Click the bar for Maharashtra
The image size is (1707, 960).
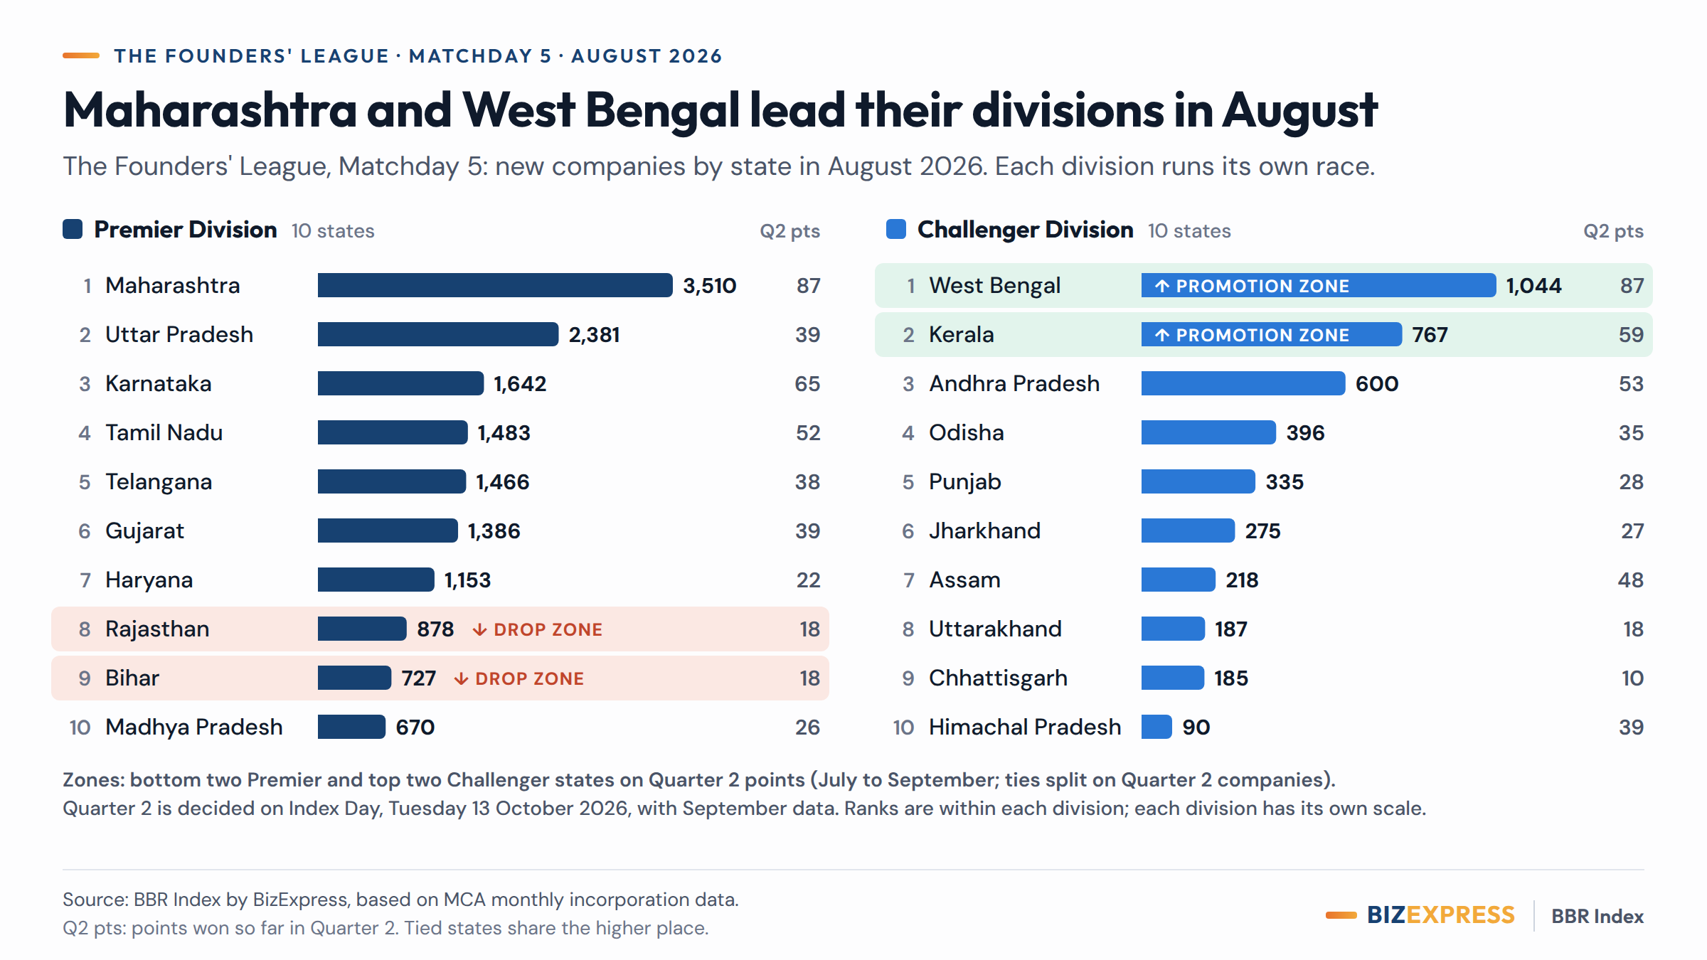coord(495,285)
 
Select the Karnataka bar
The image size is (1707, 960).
coord(400,383)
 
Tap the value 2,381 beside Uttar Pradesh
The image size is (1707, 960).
coord(595,334)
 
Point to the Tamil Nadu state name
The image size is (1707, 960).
coord(164,432)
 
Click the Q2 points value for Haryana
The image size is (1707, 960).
coord(808,580)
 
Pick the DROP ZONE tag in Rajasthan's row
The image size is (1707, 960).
coord(538,629)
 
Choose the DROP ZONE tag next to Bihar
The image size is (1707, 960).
coord(519,678)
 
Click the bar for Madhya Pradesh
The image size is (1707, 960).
coord(351,727)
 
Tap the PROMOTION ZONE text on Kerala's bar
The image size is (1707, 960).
coord(1253,335)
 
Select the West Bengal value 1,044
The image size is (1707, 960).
coord(1533,285)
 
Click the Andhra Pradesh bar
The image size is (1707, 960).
coord(1243,383)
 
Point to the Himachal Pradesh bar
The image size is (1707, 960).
coord(1156,727)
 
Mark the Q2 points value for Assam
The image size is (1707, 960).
coord(1631,580)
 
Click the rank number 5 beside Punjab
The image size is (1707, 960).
coord(908,481)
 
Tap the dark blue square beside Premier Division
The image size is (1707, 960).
coord(73,229)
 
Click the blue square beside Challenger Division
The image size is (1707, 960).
coord(896,229)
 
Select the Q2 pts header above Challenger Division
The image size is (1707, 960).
coord(1614,231)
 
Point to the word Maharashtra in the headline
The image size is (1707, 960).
coord(211,110)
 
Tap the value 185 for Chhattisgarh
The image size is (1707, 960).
coord(1231,678)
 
